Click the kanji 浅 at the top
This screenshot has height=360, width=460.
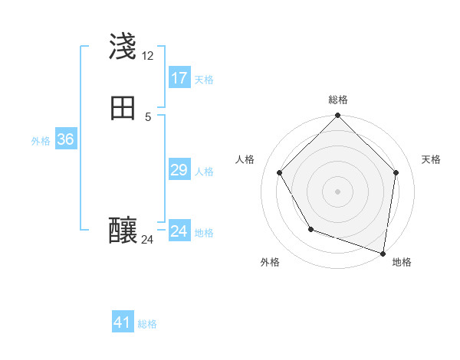(123, 47)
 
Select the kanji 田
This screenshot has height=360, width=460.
(123, 108)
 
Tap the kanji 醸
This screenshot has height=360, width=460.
(123, 230)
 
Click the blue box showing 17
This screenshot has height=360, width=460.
(179, 78)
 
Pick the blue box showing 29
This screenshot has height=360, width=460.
(179, 170)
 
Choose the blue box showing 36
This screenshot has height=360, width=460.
(65, 139)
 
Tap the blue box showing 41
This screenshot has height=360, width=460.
(123, 322)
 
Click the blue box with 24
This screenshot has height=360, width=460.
(179, 231)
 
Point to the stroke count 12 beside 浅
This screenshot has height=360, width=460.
(147, 57)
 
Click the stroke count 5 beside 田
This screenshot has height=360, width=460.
(148, 117)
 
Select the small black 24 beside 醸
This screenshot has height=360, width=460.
(147, 240)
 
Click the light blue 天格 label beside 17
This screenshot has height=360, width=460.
(204, 80)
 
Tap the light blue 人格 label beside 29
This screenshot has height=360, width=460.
(204, 172)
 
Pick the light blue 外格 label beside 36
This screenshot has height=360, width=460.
(41, 141)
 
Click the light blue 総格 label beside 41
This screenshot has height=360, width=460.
(147, 324)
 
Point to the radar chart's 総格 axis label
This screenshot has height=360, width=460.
(338, 100)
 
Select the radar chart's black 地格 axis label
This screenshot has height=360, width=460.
(402, 263)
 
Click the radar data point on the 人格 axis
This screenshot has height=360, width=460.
(279, 172)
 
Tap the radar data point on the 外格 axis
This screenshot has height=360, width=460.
(310, 229)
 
